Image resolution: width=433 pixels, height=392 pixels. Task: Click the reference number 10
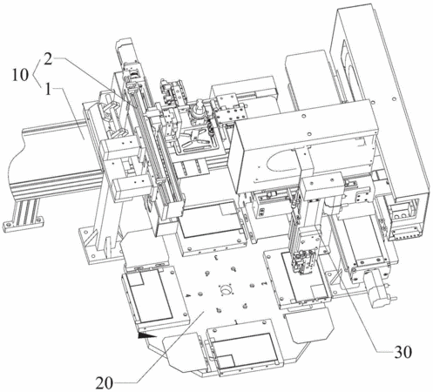click(20, 75)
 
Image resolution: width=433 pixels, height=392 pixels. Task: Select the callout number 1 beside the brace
click(48, 89)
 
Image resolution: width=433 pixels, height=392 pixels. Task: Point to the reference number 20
click(105, 383)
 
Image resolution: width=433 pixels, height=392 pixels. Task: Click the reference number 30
click(403, 352)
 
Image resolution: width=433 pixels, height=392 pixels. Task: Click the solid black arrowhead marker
click(147, 335)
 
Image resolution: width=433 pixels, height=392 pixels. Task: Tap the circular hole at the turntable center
click(227, 290)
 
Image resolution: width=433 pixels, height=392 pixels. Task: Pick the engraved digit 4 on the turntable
click(188, 295)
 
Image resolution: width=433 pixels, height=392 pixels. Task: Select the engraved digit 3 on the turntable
click(216, 257)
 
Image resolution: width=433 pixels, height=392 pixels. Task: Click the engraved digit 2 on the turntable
click(264, 283)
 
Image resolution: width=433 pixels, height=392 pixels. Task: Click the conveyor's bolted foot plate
click(23, 224)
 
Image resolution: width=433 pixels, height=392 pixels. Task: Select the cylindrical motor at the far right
click(378, 291)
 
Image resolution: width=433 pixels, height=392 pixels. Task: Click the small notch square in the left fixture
click(135, 279)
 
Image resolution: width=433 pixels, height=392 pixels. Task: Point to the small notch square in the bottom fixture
click(227, 360)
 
